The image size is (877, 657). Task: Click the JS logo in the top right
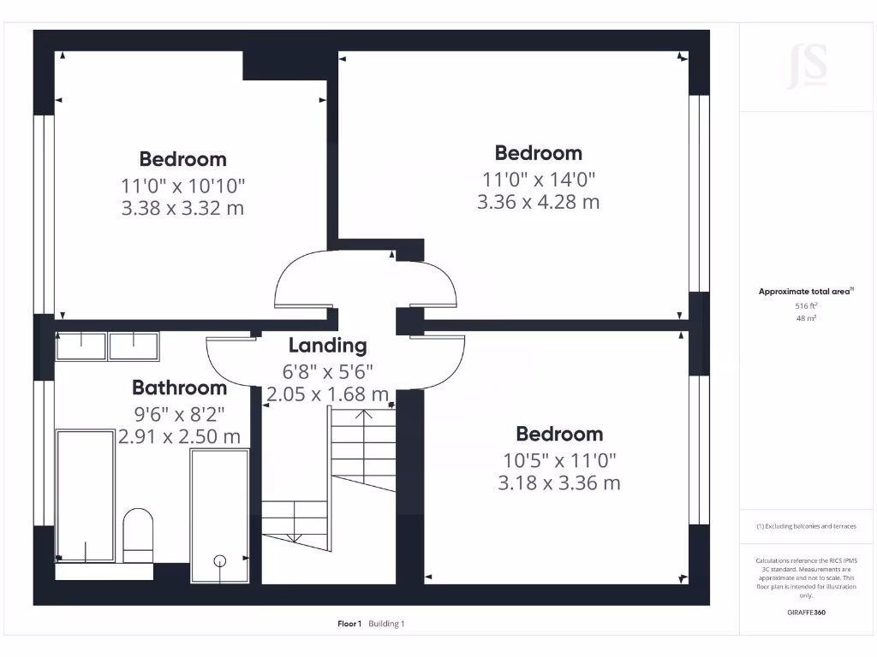(x=807, y=67)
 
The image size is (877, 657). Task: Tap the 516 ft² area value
(x=805, y=305)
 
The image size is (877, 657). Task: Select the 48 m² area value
(x=805, y=317)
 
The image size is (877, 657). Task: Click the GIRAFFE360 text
(x=806, y=613)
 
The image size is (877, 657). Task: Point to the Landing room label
(x=327, y=346)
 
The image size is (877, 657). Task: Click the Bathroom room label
(x=180, y=388)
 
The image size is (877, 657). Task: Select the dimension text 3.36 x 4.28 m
(x=538, y=202)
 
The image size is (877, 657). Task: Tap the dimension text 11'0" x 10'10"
(x=183, y=185)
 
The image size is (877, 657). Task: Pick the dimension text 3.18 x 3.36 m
(x=559, y=482)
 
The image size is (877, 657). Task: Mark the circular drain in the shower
(x=220, y=561)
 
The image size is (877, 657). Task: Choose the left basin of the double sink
(x=81, y=346)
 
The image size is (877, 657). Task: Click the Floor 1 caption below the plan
(x=349, y=624)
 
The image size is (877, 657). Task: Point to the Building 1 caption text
(x=386, y=624)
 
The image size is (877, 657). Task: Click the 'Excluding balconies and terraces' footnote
(x=806, y=527)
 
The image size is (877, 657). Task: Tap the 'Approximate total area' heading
(x=804, y=292)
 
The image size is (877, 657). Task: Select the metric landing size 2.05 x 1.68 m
(x=327, y=394)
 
